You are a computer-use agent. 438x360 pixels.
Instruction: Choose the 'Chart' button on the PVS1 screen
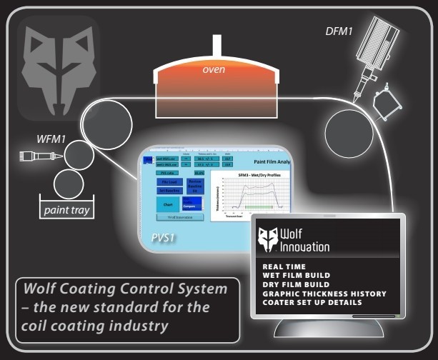click(167, 204)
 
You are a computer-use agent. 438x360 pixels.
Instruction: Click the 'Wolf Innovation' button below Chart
click(181, 217)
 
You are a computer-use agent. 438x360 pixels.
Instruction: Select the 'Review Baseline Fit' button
click(194, 186)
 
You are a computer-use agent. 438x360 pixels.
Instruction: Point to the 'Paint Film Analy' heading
click(263, 163)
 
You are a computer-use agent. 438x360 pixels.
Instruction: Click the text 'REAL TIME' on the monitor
click(284, 266)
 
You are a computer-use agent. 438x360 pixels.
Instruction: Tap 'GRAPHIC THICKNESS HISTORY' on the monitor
click(324, 294)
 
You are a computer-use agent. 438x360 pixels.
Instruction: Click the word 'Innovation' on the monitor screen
click(305, 246)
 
